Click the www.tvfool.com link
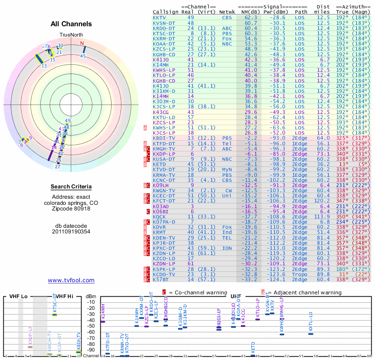point(71,280)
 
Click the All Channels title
point(71,24)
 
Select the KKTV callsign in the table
point(159,17)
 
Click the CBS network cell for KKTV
point(227,17)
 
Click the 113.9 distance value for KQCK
point(323,217)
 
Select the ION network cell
point(227,248)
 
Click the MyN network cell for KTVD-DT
point(227,170)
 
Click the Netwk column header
point(227,12)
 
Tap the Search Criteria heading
point(71,187)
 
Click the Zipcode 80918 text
point(71,209)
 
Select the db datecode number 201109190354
point(71,231)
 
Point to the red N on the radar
point(82,44)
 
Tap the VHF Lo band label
point(17,296)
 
